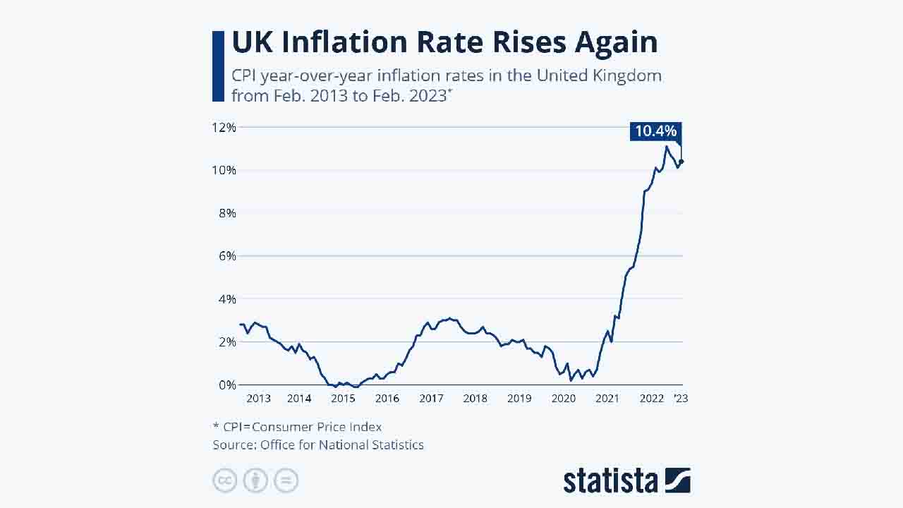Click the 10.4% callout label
655,131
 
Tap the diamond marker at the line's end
681,162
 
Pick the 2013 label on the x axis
258,399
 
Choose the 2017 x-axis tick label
431,399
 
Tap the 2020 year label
563,399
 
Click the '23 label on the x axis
680,399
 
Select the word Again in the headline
616,42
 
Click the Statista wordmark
610,480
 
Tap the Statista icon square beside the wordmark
677,480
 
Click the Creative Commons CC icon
225,480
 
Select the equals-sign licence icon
286,480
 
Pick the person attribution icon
255,480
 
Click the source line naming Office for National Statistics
318,445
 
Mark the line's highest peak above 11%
666,146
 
